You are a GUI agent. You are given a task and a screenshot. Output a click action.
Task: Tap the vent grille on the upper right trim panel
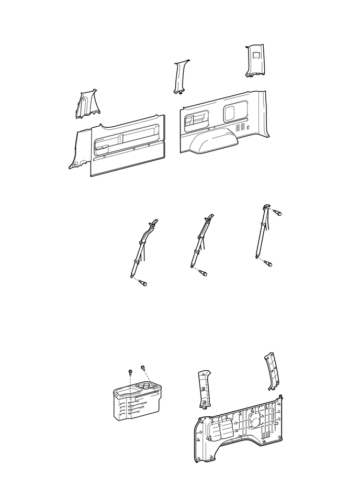pos(240,127)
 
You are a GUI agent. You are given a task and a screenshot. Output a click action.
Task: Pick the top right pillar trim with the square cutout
pos(255,60)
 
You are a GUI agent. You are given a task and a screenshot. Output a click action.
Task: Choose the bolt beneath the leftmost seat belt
pos(142,283)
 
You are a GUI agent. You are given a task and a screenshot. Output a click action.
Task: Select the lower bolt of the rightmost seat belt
pos(268,263)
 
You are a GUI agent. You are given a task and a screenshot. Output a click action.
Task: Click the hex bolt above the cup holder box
pos(129,371)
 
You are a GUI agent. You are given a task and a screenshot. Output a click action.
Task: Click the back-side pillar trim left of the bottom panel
pos(204,389)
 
